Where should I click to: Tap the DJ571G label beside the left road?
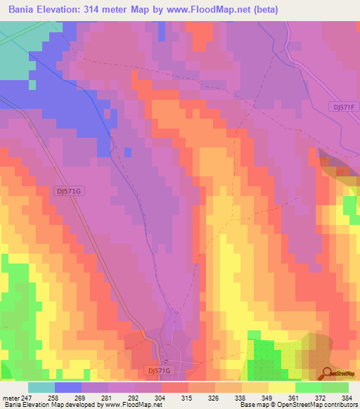(68, 190)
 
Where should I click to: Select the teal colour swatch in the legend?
(41, 387)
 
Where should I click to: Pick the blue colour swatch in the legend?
(68, 387)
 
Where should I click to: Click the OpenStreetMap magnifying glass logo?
(328, 373)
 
